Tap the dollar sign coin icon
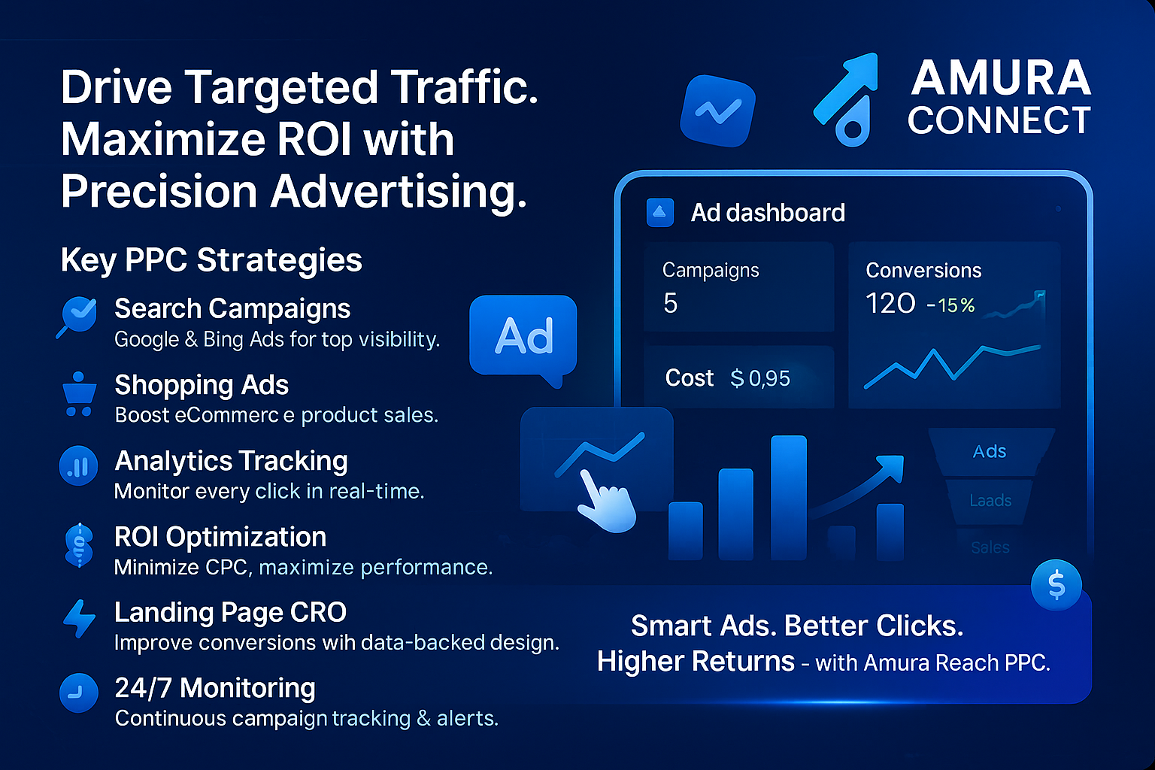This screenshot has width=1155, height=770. tap(1056, 585)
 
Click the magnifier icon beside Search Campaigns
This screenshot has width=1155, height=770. tap(77, 315)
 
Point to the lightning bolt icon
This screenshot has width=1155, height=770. tap(79, 618)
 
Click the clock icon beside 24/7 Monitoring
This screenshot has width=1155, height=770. tap(78, 693)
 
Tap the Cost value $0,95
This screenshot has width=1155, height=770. tap(760, 378)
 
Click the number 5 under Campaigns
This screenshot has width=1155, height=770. tap(670, 303)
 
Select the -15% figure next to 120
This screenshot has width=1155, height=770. tap(950, 305)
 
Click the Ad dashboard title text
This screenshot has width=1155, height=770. tap(768, 213)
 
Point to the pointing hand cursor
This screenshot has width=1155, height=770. tap(607, 501)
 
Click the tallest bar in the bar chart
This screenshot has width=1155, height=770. tap(788, 498)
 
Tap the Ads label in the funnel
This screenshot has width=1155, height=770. tap(989, 451)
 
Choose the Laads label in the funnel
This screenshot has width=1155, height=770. tap(990, 500)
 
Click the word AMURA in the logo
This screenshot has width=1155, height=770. tap(1000, 78)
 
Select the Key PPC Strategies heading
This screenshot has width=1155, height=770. tap(211, 260)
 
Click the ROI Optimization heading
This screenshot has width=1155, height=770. tap(220, 537)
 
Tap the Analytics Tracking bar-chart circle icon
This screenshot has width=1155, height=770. tap(78, 465)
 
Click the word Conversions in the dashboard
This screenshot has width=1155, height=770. tap(923, 271)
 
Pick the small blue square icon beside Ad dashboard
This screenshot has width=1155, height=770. tap(660, 213)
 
